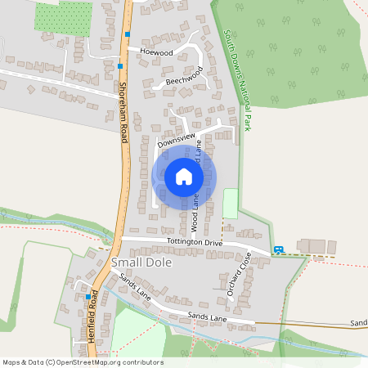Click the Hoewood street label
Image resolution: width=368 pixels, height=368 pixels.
157,52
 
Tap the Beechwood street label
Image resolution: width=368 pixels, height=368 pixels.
183,79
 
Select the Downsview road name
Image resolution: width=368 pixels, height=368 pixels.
177,141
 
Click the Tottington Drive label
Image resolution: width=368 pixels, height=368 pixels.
195,243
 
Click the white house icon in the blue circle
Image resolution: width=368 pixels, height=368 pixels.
184,177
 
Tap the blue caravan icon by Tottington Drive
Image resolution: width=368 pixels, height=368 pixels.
279,250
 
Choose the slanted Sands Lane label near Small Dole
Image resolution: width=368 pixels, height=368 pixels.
135,285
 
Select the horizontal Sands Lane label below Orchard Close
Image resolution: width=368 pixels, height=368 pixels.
206,316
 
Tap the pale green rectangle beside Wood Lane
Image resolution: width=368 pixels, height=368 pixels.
231,203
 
